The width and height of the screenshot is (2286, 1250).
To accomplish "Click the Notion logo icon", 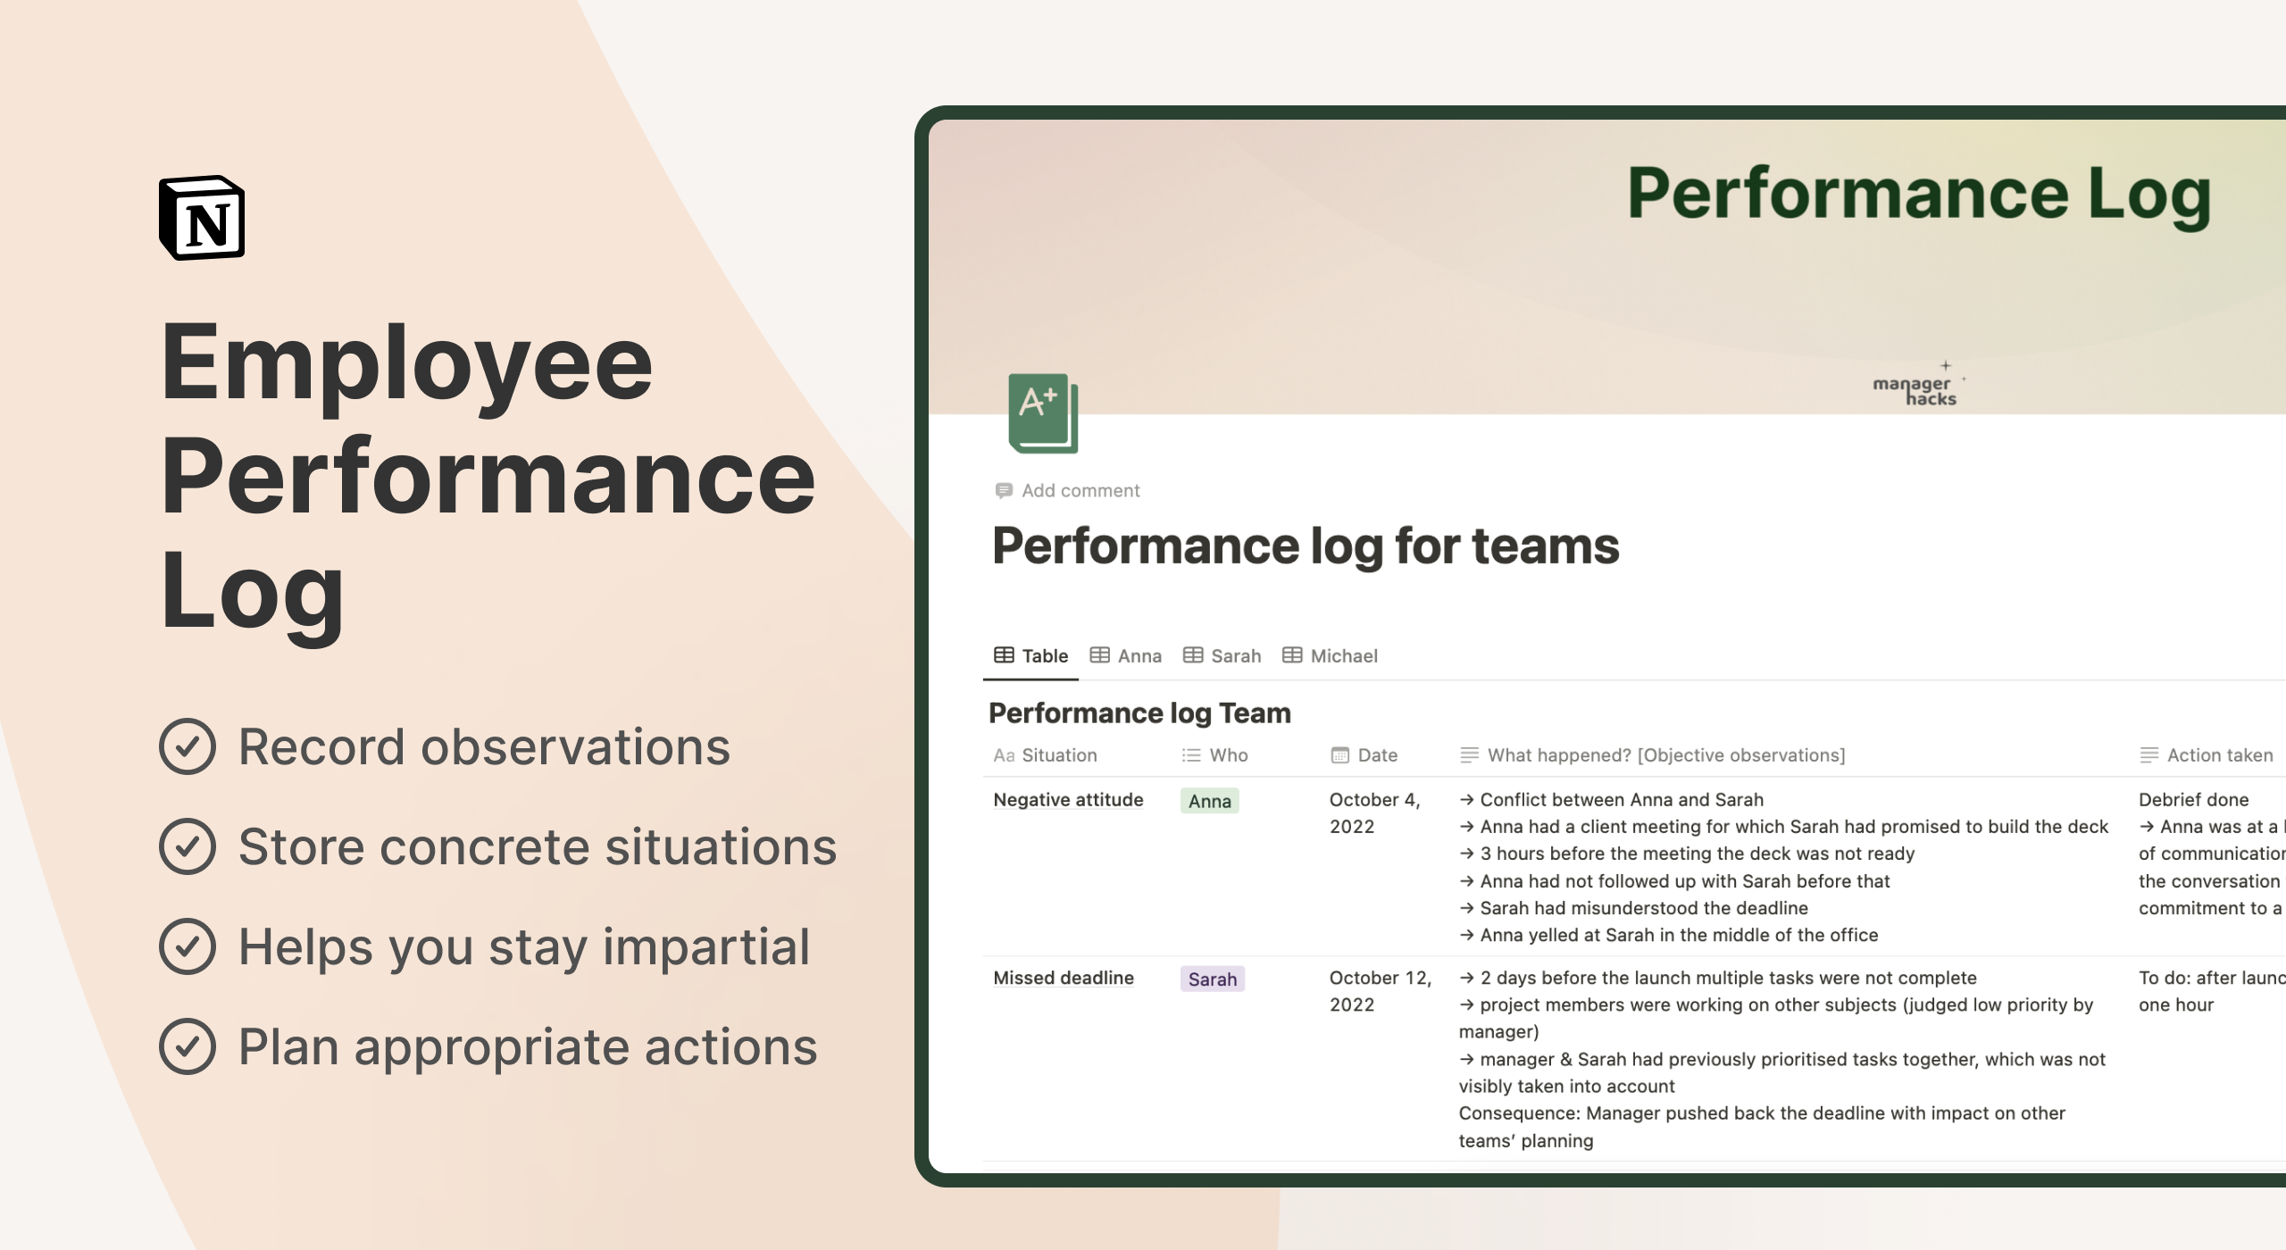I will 202,218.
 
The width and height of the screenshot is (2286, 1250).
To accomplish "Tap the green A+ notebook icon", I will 1042,412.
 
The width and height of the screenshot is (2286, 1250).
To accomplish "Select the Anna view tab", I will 1126,656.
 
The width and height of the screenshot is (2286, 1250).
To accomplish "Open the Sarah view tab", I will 1222,656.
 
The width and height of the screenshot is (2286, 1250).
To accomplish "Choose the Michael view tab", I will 1331,656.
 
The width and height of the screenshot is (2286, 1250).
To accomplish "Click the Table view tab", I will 1031,656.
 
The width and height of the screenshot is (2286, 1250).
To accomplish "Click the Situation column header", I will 1046,755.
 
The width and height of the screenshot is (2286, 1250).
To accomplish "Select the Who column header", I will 1215,755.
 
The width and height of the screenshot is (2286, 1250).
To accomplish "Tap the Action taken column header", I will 2207,755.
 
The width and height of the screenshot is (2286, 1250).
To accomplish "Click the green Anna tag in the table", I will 1210,801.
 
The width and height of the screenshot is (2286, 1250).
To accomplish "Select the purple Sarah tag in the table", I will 1213,979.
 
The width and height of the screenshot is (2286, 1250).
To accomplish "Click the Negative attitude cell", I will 1068,800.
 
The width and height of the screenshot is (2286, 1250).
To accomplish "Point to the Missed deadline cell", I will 1064,978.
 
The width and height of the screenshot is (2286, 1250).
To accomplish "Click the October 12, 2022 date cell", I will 1380,991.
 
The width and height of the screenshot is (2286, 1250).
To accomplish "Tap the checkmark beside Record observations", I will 188,746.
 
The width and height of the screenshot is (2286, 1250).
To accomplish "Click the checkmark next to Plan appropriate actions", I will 188,1046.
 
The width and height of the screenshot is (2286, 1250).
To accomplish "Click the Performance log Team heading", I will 1139,713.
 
